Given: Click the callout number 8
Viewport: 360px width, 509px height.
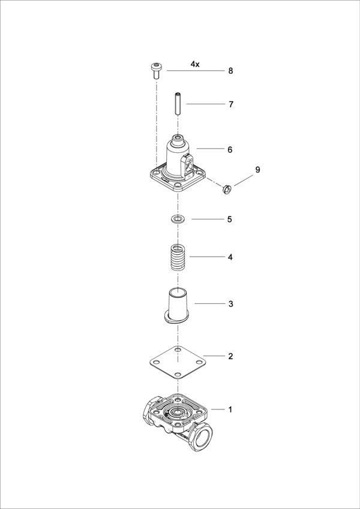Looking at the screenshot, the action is pyautogui.click(x=230, y=71).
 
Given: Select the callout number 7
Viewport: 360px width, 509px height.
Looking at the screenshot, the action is pyautogui.click(x=230, y=104).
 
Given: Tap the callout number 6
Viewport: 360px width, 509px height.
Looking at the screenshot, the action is pyautogui.click(x=230, y=150).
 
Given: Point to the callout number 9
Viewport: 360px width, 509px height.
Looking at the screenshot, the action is pyautogui.click(x=257, y=170).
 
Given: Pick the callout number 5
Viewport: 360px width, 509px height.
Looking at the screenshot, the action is pyautogui.click(x=230, y=219).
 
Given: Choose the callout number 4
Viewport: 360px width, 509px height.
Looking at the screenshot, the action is pyautogui.click(x=230, y=257).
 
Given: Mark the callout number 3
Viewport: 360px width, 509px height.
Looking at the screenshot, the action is pyautogui.click(x=230, y=304).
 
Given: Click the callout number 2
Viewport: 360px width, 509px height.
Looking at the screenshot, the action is pyautogui.click(x=230, y=357).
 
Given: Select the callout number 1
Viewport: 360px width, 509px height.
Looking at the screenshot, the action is pyautogui.click(x=230, y=409).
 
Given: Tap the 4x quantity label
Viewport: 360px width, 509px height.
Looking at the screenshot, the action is pyautogui.click(x=195, y=64).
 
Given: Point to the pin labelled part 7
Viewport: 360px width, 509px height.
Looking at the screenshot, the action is pyautogui.click(x=178, y=104).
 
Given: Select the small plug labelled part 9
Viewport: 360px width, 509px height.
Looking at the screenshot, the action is pyautogui.click(x=226, y=189).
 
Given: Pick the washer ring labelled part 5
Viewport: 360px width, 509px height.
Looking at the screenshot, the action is pyautogui.click(x=178, y=219).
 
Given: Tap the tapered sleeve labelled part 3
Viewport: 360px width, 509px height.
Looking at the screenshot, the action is pyautogui.click(x=178, y=306).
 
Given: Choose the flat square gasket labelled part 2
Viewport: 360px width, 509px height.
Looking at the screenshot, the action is pyautogui.click(x=178, y=362).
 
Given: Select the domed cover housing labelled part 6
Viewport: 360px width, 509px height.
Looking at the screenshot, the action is pyautogui.click(x=178, y=163).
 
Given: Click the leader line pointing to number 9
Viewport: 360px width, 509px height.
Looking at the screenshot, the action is pyautogui.click(x=244, y=180).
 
